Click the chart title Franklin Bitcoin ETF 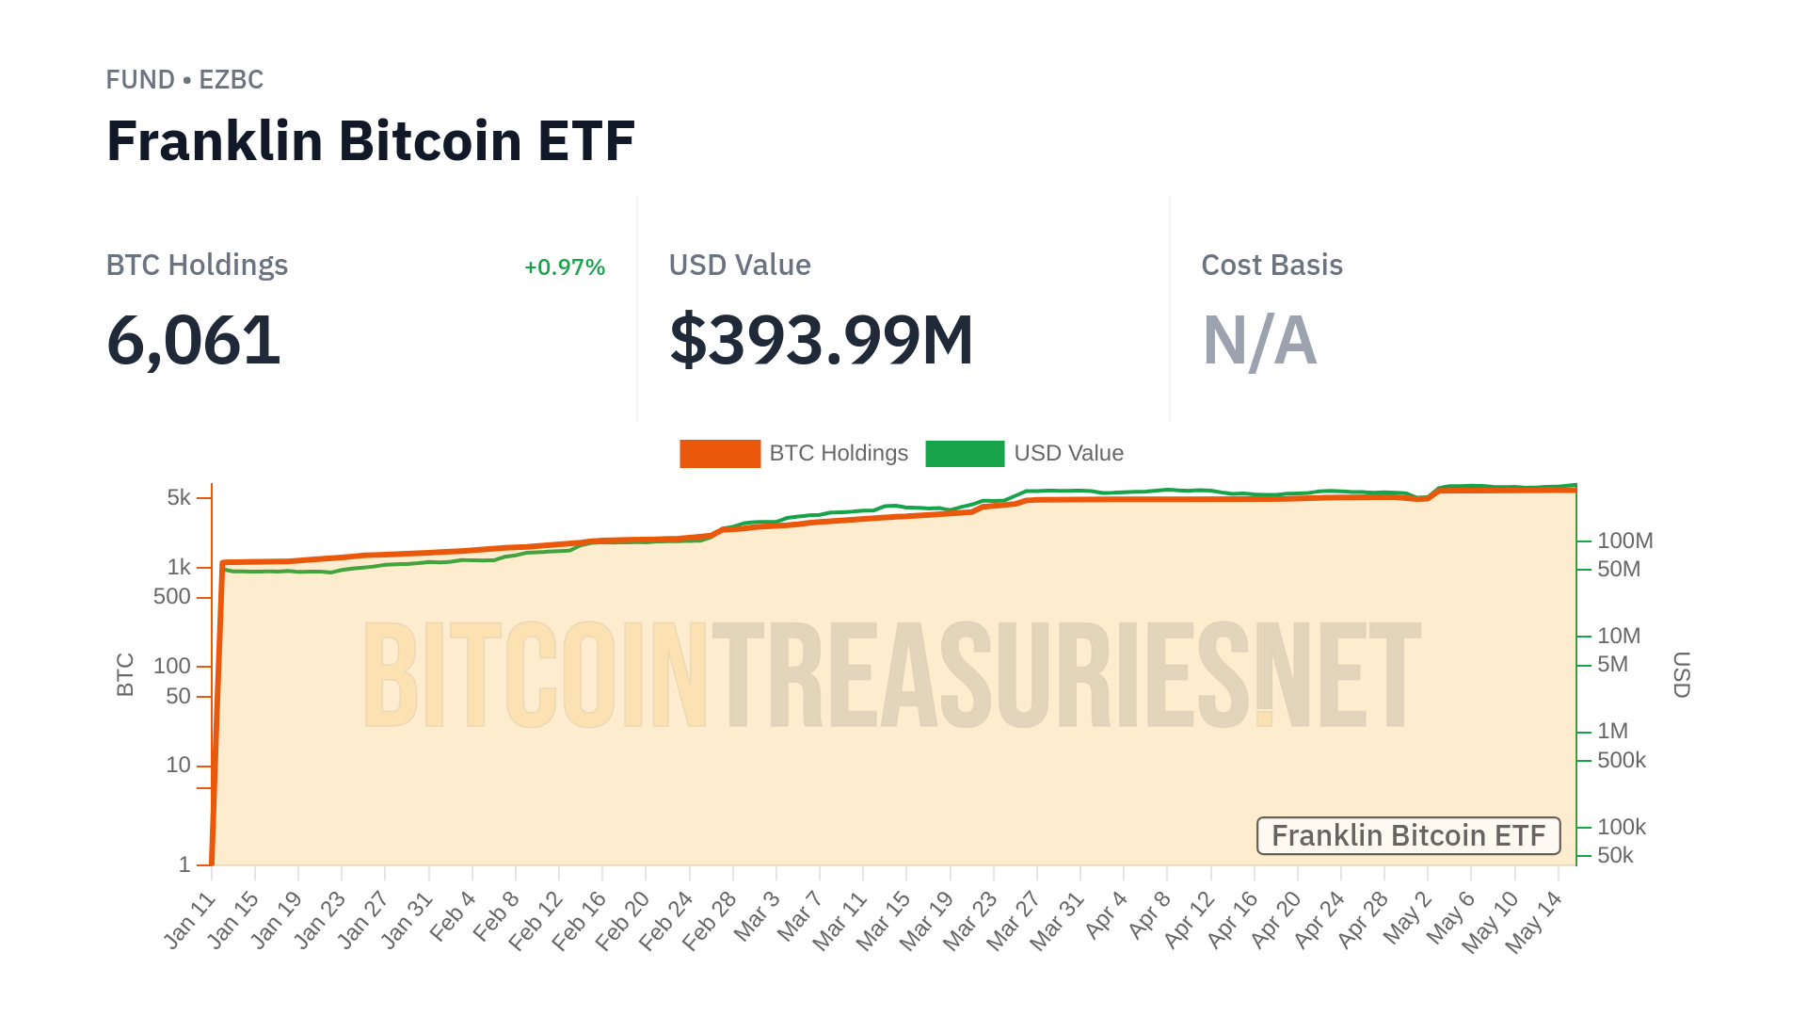click(x=370, y=141)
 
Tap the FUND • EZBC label click(x=184, y=80)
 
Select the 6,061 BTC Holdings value click(x=193, y=340)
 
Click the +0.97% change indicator click(x=564, y=267)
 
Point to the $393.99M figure click(x=821, y=340)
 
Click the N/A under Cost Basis click(x=1259, y=340)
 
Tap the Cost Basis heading click(x=1271, y=266)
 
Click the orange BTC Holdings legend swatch click(x=720, y=454)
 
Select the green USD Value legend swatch click(x=965, y=454)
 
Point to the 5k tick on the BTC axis click(x=179, y=497)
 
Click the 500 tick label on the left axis click(x=171, y=597)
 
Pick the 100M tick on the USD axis click(x=1624, y=541)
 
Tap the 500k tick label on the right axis click(x=1621, y=760)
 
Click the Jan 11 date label click(x=190, y=920)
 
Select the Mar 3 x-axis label click(x=757, y=915)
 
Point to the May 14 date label click(x=1533, y=922)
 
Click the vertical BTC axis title click(x=125, y=674)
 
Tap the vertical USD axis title click(x=1682, y=674)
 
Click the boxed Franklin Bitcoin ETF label click(x=1408, y=836)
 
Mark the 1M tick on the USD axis click(x=1612, y=731)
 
